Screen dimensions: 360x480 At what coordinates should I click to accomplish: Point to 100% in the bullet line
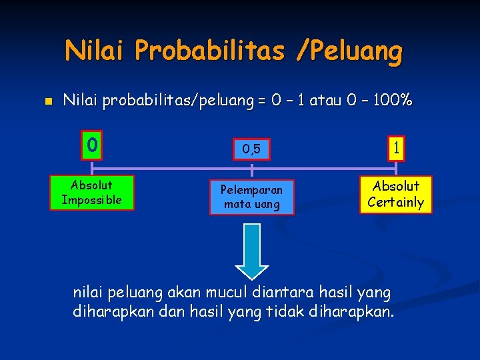pos(393,101)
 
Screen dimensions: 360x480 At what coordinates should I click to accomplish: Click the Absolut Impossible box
pos(91,193)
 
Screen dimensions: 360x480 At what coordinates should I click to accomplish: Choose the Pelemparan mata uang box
pos(251,197)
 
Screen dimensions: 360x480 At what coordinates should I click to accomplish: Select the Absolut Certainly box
pos(396,194)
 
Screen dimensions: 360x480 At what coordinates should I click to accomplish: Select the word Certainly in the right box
pos(396,202)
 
